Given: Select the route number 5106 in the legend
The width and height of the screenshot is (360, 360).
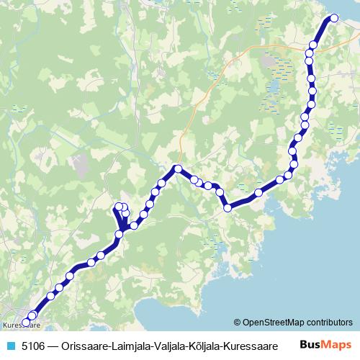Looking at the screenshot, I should (30, 346).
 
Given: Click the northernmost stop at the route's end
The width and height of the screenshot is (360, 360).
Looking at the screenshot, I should (333, 19).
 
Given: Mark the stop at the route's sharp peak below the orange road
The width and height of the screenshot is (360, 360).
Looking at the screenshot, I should (176, 169).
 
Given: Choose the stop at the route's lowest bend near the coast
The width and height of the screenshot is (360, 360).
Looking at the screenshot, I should (228, 207).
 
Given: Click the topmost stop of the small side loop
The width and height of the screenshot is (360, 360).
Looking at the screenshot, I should (119, 207).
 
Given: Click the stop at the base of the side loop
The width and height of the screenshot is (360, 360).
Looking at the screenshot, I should (124, 230).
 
